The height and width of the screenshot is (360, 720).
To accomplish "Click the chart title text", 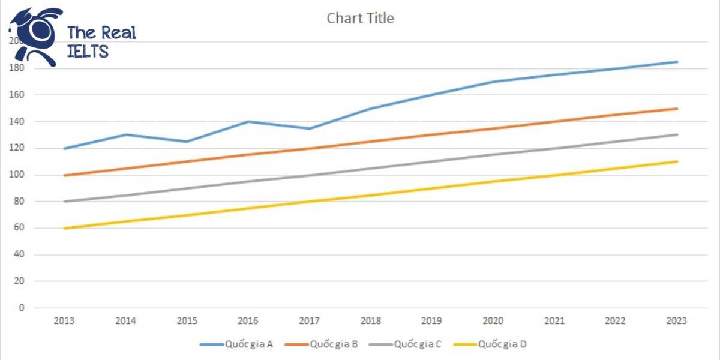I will pyautogui.click(x=360, y=19).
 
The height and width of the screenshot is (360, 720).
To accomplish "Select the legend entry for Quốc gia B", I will pyautogui.click(x=334, y=344).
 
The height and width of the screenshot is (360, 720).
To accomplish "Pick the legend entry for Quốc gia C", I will pyautogui.click(x=418, y=344).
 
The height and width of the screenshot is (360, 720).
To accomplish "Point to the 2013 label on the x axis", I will pyautogui.click(x=64, y=321).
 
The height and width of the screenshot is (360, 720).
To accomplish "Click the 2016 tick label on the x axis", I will pyautogui.click(x=248, y=321).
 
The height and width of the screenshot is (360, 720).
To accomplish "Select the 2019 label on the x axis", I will pyautogui.click(x=432, y=321).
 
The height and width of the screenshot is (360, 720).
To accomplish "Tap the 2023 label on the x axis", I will pyautogui.click(x=677, y=321).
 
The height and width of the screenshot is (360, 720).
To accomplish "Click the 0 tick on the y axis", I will pyautogui.click(x=22, y=308).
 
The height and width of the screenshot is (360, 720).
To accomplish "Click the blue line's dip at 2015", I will pyautogui.click(x=187, y=142).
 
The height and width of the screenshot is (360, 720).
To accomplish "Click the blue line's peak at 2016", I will pyautogui.click(x=248, y=122).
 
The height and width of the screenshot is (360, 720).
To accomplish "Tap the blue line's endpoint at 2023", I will pyautogui.click(x=677, y=62).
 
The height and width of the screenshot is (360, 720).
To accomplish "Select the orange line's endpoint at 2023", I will pyautogui.click(x=677, y=109).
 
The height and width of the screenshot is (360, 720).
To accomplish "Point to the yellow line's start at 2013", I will pyautogui.click(x=64, y=228).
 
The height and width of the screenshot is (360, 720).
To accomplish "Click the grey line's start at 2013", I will pyautogui.click(x=64, y=202).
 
